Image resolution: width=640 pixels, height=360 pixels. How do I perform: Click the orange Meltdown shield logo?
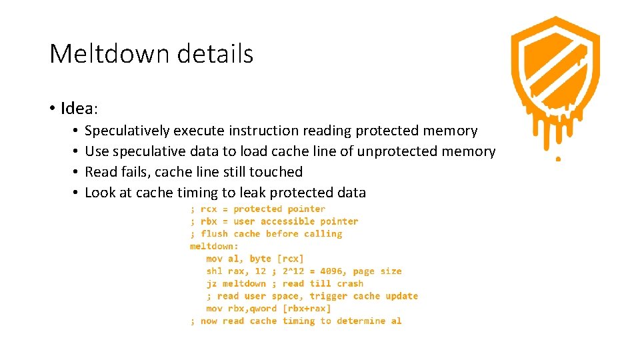tap(555, 80)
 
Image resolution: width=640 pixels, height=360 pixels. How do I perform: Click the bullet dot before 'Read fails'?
tap(77, 172)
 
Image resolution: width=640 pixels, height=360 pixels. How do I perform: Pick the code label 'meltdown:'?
tap(214, 246)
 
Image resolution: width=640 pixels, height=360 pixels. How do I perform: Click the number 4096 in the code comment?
tap(333, 271)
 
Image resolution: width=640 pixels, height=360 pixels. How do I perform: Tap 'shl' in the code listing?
tap(214, 271)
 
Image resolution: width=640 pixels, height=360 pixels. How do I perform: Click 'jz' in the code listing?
tap(211, 283)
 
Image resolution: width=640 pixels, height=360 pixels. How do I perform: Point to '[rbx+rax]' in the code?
tap(307, 309)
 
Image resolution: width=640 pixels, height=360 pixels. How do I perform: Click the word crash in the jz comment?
tap(350, 283)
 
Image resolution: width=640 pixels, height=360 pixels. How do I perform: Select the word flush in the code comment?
tap(214, 234)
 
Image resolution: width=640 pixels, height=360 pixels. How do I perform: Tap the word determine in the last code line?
tap(361, 321)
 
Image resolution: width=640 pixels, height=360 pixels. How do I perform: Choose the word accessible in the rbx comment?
tap(287, 221)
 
